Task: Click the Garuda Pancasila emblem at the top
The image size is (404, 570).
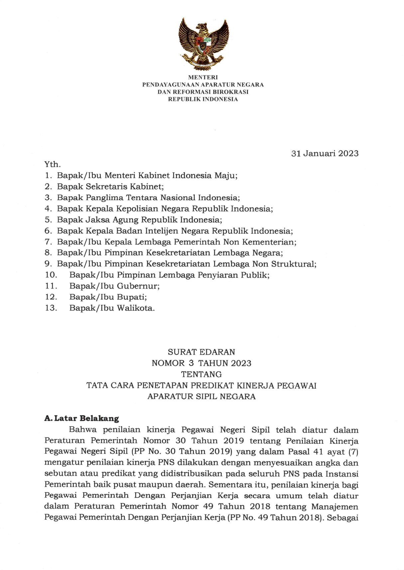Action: pos(203,44)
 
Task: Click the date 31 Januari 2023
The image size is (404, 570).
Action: pos(325,154)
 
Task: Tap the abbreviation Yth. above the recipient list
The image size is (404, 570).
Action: pos(53,165)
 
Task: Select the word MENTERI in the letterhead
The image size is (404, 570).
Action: pos(203,77)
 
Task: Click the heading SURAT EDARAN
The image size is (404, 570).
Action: pos(201,352)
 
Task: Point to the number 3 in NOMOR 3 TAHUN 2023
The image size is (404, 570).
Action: pos(191,363)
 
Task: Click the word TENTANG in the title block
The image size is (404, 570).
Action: pos(201,374)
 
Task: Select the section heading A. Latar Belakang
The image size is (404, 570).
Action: pos(81,418)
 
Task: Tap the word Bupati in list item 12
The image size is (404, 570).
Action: pos(132,297)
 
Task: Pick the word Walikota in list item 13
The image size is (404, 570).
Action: pos(136,308)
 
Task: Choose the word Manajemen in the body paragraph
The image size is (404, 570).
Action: pos(335,507)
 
